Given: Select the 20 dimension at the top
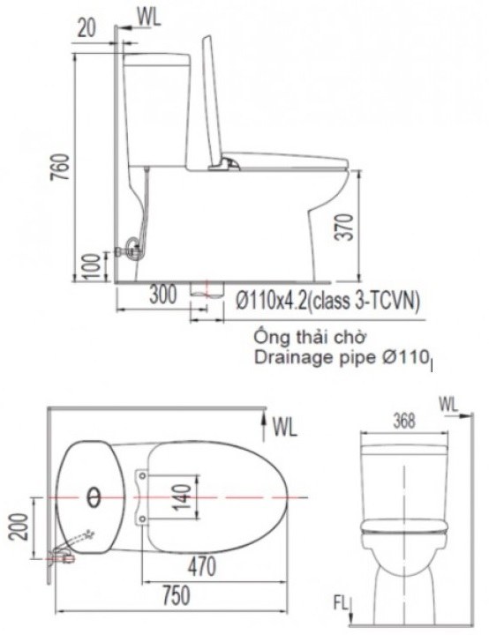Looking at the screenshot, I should tap(87, 27).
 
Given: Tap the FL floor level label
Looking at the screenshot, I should tap(341, 605).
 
